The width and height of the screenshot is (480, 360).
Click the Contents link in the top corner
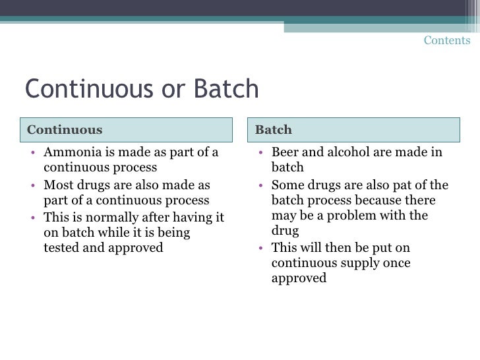(447, 40)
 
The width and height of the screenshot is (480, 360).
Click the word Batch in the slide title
(226, 90)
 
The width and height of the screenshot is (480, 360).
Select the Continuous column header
(65, 130)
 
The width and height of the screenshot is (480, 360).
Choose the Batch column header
(273, 130)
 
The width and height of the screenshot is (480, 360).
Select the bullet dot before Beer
(261, 154)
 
